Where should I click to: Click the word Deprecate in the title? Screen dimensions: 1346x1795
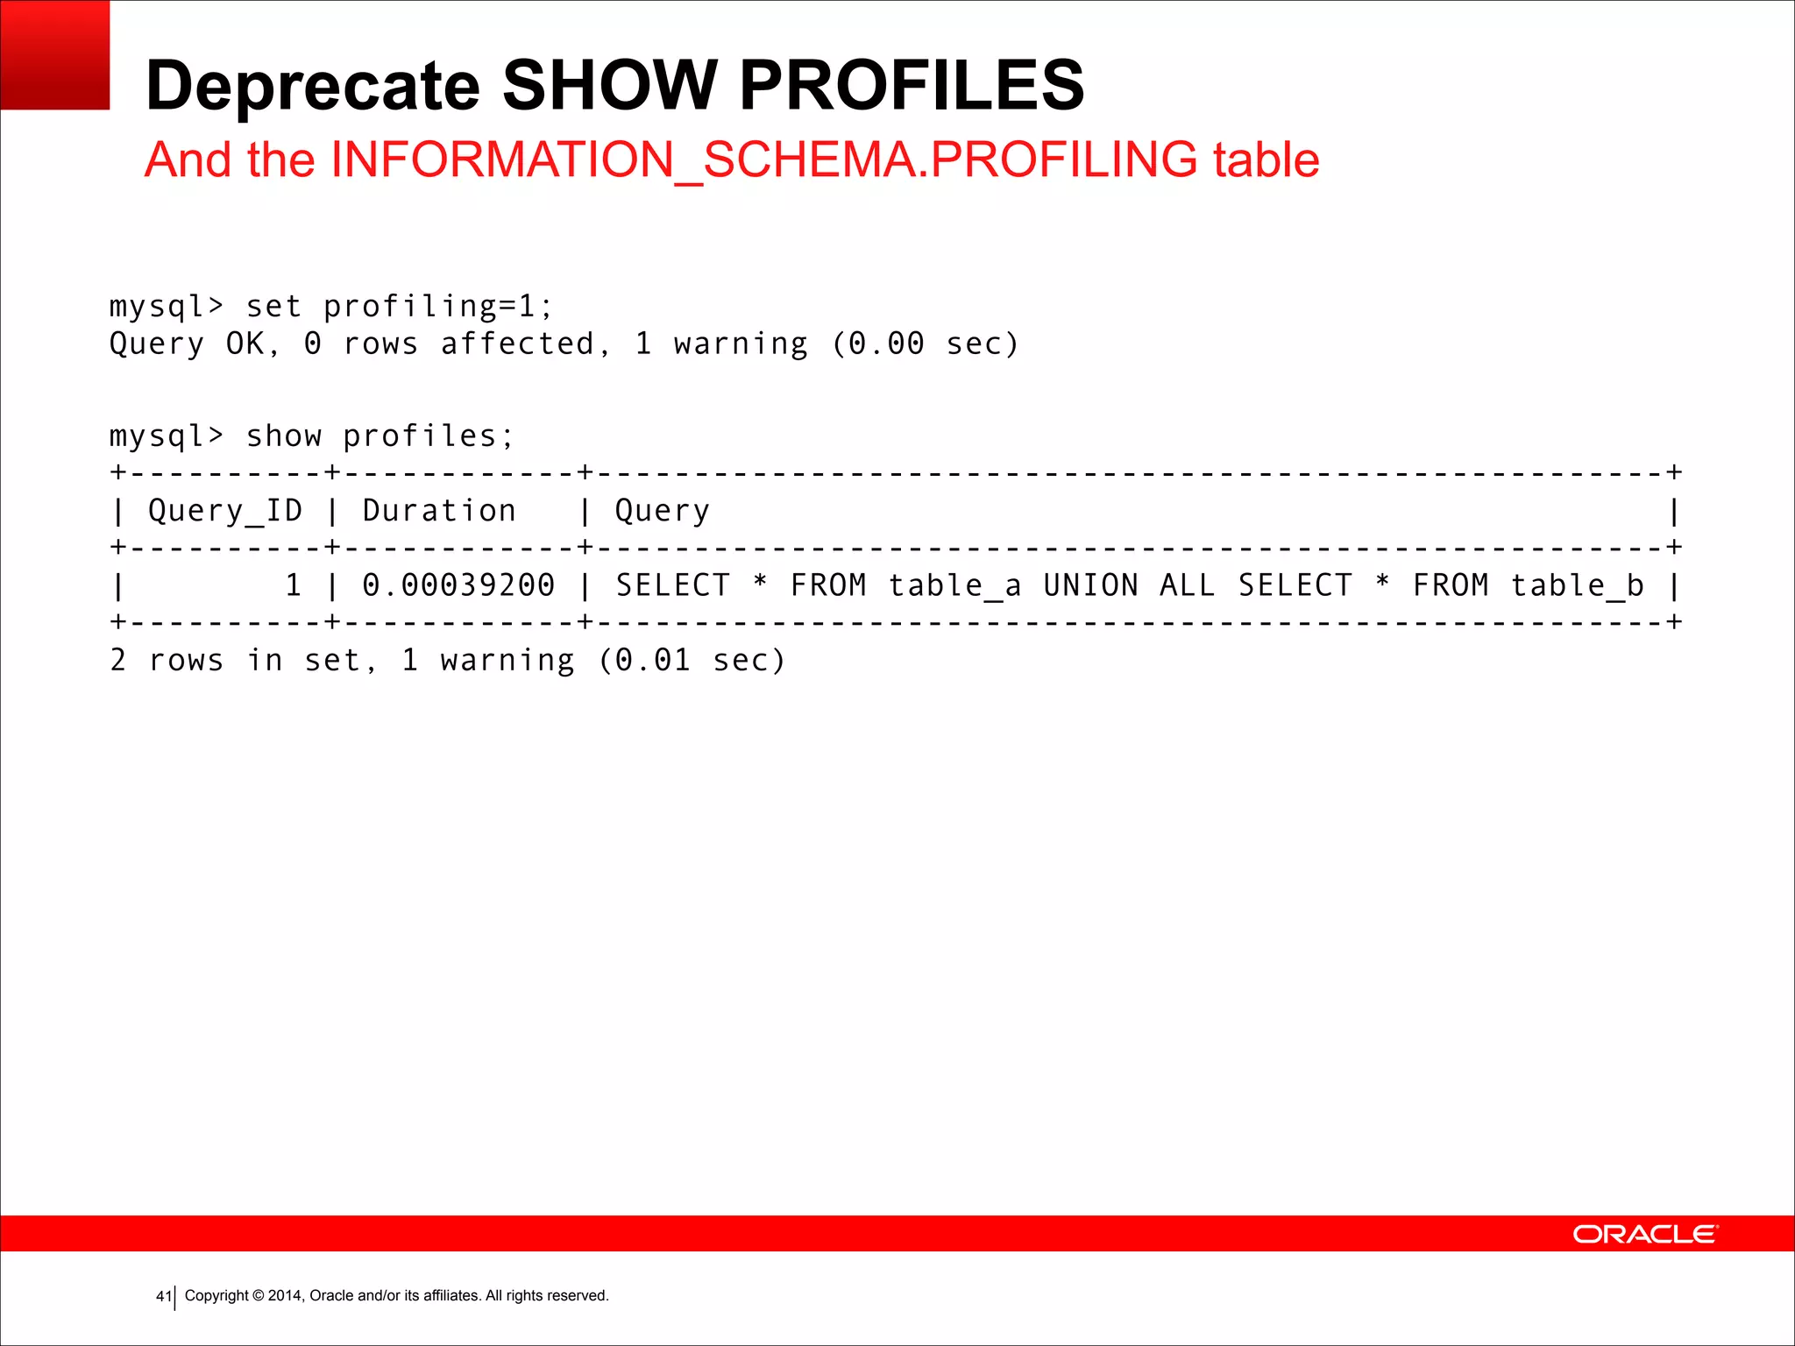click(x=313, y=86)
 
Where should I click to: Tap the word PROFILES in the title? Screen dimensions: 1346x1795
click(x=912, y=86)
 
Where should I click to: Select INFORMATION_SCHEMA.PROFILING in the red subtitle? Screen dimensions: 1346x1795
click(x=763, y=159)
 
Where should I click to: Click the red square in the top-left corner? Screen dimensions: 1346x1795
click(x=54, y=54)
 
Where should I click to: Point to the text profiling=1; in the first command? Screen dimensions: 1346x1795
click(x=438, y=307)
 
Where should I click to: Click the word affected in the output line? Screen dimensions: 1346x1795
click(x=517, y=344)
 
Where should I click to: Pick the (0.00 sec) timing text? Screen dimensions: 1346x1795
click(x=926, y=344)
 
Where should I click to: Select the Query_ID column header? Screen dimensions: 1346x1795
click(x=225, y=510)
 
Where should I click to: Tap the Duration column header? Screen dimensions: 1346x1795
click(x=439, y=510)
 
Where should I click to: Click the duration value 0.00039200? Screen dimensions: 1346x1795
click(x=458, y=585)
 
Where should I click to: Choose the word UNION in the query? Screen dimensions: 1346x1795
click(x=1090, y=585)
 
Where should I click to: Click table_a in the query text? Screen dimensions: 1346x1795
click(x=954, y=585)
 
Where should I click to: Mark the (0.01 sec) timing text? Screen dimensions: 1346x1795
click(x=692, y=660)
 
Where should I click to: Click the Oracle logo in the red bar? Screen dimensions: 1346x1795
click(x=1645, y=1234)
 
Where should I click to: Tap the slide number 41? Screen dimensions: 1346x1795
click(x=163, y=1296)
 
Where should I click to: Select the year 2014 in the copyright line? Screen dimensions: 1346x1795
click(x=285, y=1295)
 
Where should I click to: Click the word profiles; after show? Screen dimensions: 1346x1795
click(x=428, y=436)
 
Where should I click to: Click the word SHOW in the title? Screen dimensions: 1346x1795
click(x=609, y=86)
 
